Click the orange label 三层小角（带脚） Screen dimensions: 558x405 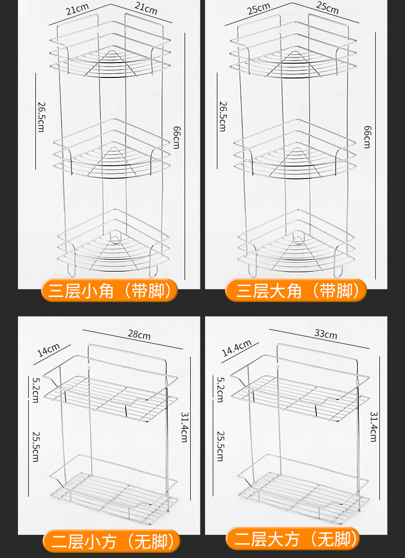click(x=110, y=291)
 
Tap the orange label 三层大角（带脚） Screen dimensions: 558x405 click(x=296, y=291)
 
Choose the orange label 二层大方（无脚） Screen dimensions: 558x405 click(x=296, y=539)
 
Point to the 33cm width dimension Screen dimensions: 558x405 click(x=326, y=334)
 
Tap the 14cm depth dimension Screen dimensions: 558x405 click(x=49, y=350)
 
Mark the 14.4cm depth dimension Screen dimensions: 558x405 click(x=236, y=348)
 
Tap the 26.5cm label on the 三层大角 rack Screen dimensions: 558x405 click(x=222, y=116)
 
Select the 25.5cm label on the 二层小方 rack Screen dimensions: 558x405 click(x=35, y=445)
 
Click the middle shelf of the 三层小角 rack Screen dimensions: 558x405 click(x=113, y=149)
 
